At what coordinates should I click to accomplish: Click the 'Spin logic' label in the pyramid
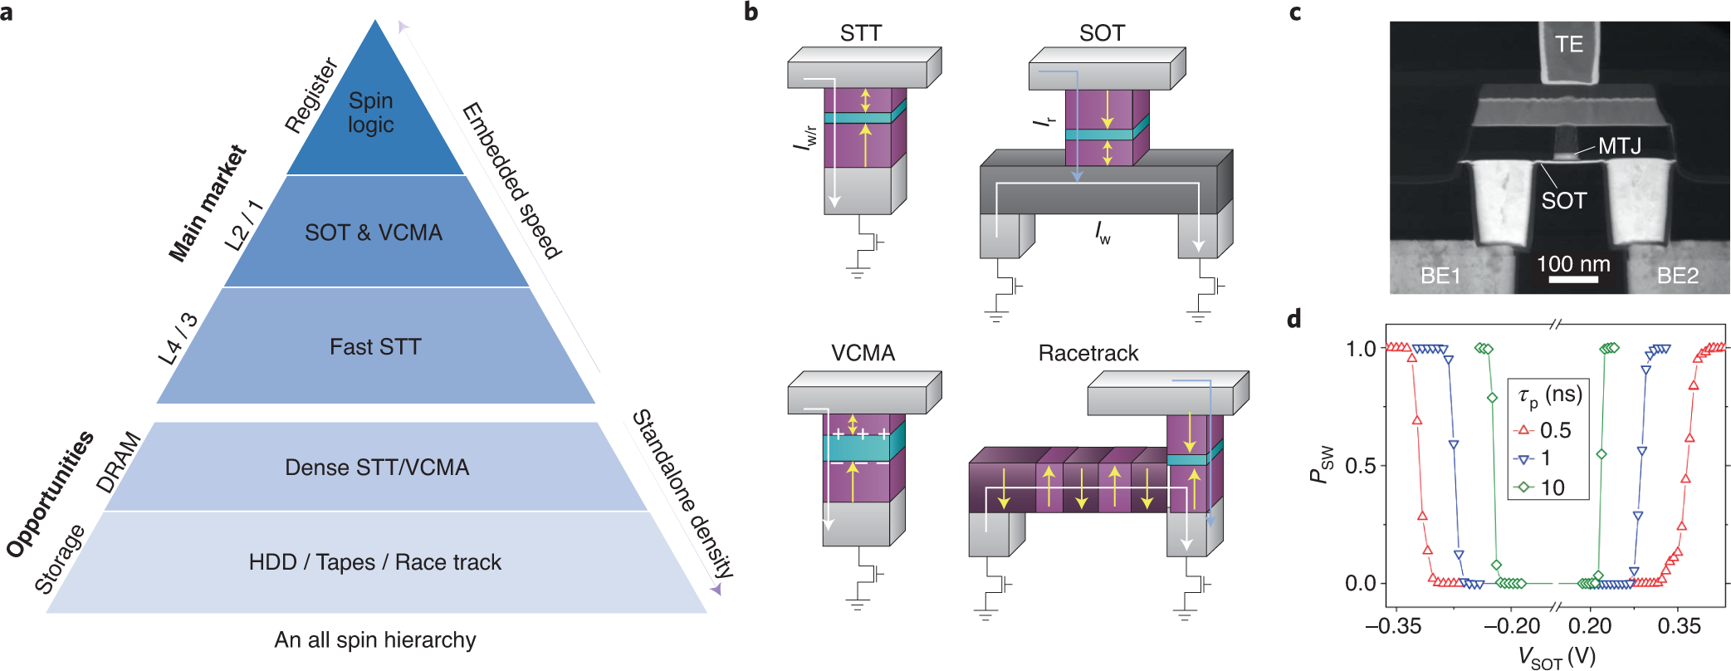click(370, 113)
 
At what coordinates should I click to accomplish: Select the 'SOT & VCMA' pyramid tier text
click(374, 233)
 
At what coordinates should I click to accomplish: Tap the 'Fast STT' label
click(375, 347)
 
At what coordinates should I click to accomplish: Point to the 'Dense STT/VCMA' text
click(377, 468)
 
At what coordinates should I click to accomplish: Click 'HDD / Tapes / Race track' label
click(374, 562)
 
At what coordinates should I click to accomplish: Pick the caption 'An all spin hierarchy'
click(375, 640)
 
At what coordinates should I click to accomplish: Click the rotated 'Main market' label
click(207, 203)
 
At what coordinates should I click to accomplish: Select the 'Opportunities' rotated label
click(50, 494)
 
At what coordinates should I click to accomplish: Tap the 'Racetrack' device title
click(1088, 353)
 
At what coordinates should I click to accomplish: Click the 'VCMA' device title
click(863, 353)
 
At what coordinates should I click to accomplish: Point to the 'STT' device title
click(860, 33)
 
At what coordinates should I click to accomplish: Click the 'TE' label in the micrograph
click(1568, 44)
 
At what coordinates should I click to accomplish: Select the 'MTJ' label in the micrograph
click(1619, 146)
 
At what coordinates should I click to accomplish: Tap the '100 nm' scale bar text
click(1573, 264)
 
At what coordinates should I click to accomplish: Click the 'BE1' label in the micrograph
click(1440, 276)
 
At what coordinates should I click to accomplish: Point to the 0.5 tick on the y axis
click(1360, 466)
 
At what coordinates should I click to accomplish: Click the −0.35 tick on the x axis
click(1393, 626)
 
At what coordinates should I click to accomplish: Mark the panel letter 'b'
click(751, 12)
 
